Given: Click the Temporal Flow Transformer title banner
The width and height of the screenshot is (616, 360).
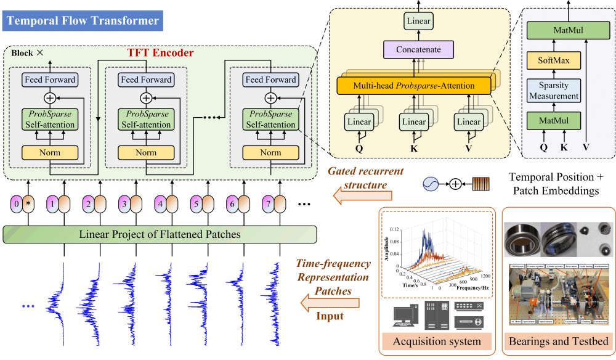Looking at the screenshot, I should click(x=82, y=22).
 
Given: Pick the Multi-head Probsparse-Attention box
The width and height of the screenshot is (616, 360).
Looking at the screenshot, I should click(x=413, y=86).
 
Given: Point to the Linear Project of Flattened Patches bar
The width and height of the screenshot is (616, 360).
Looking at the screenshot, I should click(x=160, y=234).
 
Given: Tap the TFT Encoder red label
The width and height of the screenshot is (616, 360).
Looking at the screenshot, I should click(x=160, y=53).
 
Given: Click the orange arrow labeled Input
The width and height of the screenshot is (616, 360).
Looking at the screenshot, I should click(x=330, y=302).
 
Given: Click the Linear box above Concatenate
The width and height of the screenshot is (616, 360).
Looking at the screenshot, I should click(x=418, y=21).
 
